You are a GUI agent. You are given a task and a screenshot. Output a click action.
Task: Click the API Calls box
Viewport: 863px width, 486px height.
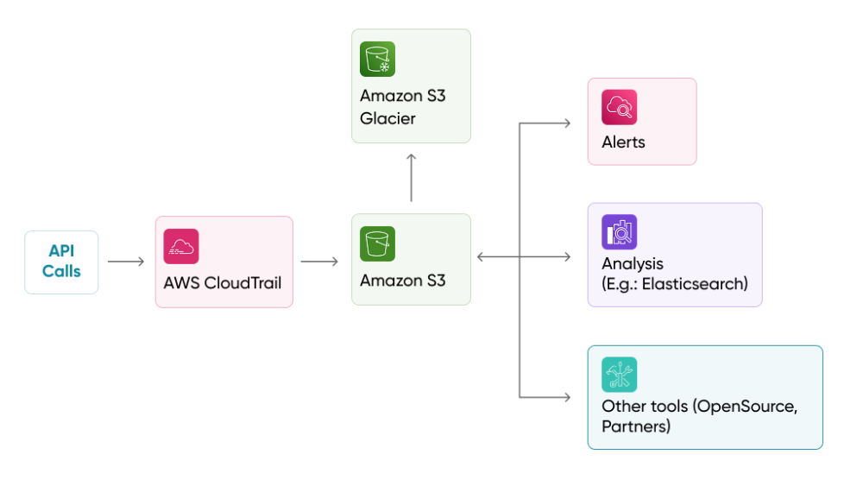pos(61,262)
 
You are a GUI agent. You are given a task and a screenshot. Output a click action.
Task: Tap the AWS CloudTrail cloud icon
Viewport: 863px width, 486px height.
pos(181,246)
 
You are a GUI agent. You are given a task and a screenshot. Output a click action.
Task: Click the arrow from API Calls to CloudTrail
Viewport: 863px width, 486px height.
pos(126,262)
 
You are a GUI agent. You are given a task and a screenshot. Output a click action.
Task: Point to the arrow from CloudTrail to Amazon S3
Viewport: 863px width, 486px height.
pos(319,262)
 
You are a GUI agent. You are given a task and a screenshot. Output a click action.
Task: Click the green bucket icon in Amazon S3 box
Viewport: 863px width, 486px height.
pos(377,243)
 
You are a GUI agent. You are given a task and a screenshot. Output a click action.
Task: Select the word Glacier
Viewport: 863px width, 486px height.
pos(387,118)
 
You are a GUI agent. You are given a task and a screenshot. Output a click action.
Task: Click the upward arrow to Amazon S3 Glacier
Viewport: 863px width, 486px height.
pos(411,178)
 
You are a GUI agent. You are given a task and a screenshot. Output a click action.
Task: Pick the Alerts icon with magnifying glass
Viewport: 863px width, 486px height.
pos(620,107)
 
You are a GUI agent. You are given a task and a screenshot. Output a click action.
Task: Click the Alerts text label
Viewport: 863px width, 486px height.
pos(623,142)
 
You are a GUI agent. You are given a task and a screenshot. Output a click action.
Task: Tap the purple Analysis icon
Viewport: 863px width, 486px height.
pos(620,232)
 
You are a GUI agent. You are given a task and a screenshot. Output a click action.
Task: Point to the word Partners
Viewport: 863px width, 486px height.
pos(636,426)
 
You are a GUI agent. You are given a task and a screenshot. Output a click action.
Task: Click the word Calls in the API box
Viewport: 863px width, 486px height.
pos(61,271)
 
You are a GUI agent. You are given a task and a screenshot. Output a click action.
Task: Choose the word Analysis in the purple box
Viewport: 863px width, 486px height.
pos(633,263)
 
